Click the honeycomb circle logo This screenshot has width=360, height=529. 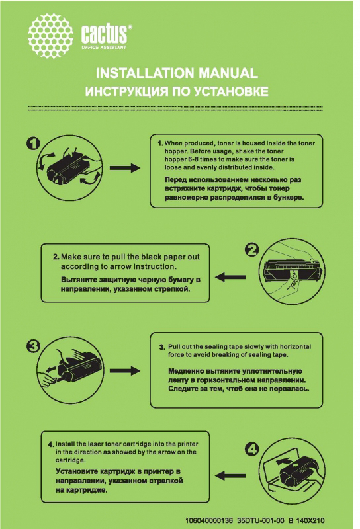tap(51, 36)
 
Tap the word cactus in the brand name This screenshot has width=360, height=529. tap(104, 34)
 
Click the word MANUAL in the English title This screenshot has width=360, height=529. tap(228, 73)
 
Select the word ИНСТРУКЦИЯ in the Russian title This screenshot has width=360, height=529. tap(126, 91)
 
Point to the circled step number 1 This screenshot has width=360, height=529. tap(33, 143)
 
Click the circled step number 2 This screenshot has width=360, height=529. tap(252, 250)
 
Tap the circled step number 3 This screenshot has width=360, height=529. tap(33, 346)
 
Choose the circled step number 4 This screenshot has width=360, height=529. tap(252, 449)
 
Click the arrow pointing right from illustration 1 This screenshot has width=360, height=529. tap(125, 168)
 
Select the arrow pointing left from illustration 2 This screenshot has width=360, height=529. tap(230, 277)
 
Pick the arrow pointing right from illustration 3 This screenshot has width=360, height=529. tap(125, 370)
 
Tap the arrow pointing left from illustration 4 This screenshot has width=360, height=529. tap(230, 476)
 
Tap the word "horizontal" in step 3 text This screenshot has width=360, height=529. tap(296, 346)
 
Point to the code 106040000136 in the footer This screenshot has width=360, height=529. tap(209, 520)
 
